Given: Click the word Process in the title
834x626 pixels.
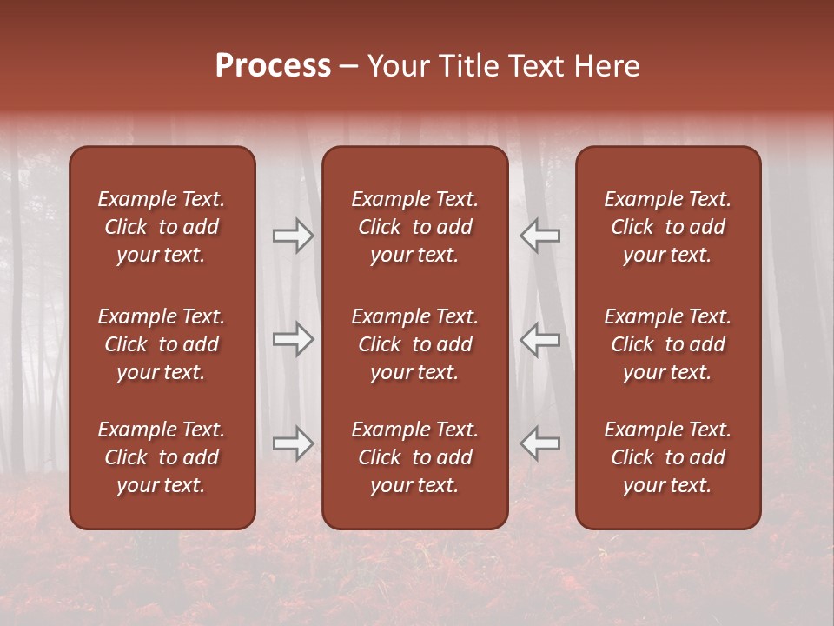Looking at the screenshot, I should (273, 66).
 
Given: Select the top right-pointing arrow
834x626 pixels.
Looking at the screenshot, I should (293, 235).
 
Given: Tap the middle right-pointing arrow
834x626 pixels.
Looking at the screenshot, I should (293, 339).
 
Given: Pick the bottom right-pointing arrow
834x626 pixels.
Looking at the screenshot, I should (293, 443).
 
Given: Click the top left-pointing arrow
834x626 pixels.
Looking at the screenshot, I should (540, 235).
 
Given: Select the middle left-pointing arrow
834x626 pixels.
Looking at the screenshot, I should (540, 339).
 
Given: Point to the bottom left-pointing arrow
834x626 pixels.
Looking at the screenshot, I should (540, 443).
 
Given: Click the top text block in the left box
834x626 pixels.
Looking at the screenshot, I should (162, 227).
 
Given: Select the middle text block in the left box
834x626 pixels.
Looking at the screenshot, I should (162, 344).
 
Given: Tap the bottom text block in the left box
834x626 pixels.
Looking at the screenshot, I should (162, 457).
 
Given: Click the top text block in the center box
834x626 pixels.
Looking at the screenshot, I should (414, 227).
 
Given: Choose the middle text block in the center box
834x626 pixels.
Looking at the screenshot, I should (414, 344).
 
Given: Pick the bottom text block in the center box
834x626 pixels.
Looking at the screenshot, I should (414, 457).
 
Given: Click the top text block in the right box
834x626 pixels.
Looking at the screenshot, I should (667, 227).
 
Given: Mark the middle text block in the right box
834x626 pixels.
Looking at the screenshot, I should (667, 344).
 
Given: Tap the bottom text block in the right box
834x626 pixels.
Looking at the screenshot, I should (667, 457).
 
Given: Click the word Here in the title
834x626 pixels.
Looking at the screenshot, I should (607, 66).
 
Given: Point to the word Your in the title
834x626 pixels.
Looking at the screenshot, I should (398, 66).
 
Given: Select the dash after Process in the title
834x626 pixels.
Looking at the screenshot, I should (348, 67).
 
